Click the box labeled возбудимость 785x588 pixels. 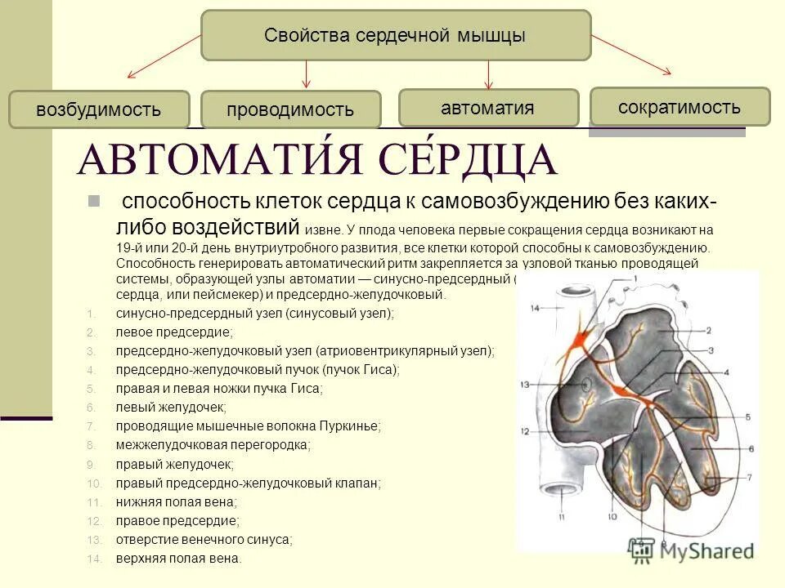click(x=98, y=109)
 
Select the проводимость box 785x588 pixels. click(x=290, y=109)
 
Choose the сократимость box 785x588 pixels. click(x=680, y=106)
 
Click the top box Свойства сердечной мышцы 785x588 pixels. click(x=395, y=35)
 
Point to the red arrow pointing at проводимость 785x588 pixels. click(x=307, y=73)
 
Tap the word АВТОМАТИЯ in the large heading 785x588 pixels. click(x=216, y=161)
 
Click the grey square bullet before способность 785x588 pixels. click(x=93, y=201)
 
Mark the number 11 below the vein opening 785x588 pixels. click(x=561, y=518)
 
